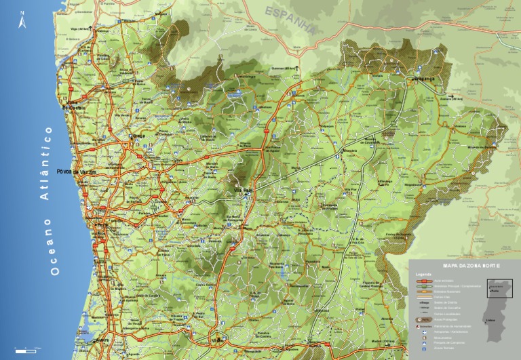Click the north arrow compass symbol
(22, 21)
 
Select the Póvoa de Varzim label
(75, 171)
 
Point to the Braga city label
(138, 136)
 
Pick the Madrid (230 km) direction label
(383, 341)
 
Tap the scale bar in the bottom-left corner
(27, 348)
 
